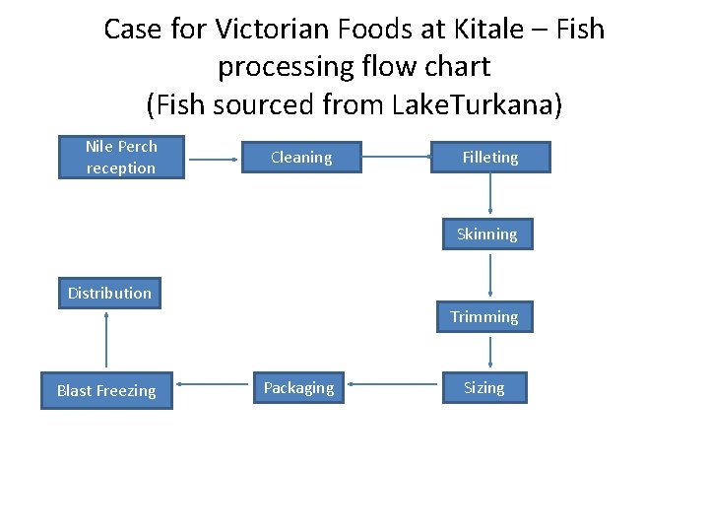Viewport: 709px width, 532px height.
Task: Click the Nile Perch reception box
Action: point(120,158)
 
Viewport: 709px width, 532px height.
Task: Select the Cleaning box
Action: point(301,158)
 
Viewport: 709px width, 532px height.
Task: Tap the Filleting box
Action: point(490,158)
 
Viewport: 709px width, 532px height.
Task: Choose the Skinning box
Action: point(486,234)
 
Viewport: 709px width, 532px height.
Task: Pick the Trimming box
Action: point(484,317)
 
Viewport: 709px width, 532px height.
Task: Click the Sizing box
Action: point(484,388)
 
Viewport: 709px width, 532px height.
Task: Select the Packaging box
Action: point(298,388)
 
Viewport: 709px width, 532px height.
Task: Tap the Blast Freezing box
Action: point(106,391)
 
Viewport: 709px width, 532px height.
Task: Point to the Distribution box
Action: point(109,293)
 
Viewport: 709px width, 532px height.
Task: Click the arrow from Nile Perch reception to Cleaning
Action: point(214,158)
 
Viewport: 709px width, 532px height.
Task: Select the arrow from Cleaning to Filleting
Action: point(396,158)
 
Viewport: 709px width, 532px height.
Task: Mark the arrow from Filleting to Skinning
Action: point(490,195)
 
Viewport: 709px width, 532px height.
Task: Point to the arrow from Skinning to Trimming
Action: point(489,275)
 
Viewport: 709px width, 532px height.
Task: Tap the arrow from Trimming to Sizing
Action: point(489,352)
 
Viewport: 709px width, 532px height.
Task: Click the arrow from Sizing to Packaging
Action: point(391,387)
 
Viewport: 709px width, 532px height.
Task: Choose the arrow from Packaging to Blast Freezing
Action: point(213,387)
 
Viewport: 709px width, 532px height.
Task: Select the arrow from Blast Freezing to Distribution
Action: point(106,341)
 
